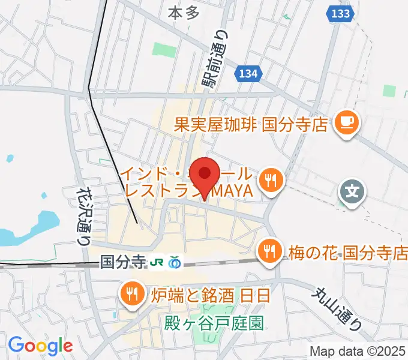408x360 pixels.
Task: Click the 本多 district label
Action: click(183, 12)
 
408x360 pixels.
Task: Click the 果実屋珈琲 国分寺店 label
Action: click(251, 124)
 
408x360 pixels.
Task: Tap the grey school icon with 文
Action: click(353, 193)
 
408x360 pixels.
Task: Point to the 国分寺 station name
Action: click(123, 262)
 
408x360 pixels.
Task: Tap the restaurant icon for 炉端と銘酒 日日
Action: click(130, 294)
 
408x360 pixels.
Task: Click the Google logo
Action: click(40, 345)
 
